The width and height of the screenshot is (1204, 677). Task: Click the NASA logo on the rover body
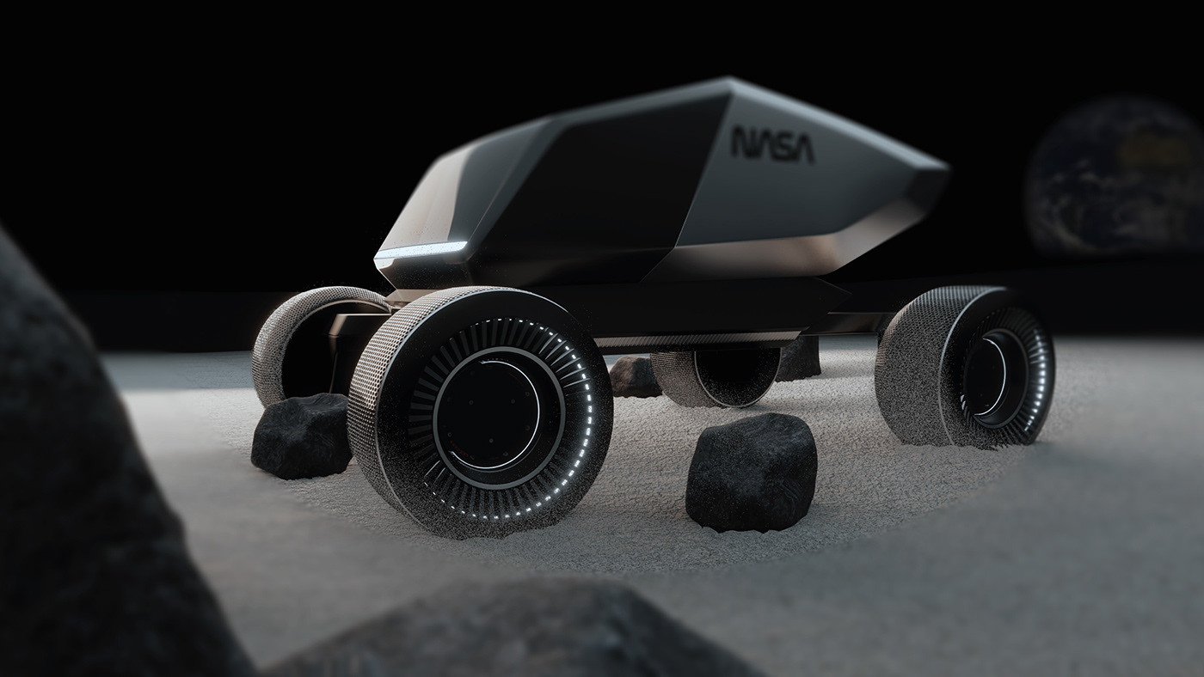coord(772,144)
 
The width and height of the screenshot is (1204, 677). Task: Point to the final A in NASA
coord(802,148)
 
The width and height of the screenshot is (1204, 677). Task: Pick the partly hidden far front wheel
coord(284,344)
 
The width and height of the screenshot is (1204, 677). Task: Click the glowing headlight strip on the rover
coord(421,251)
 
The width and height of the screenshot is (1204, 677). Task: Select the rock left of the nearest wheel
coord(301,436)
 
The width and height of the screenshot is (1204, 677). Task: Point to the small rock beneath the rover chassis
coord(635,377)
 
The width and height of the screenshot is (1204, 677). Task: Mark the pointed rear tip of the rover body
coord(942,172)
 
